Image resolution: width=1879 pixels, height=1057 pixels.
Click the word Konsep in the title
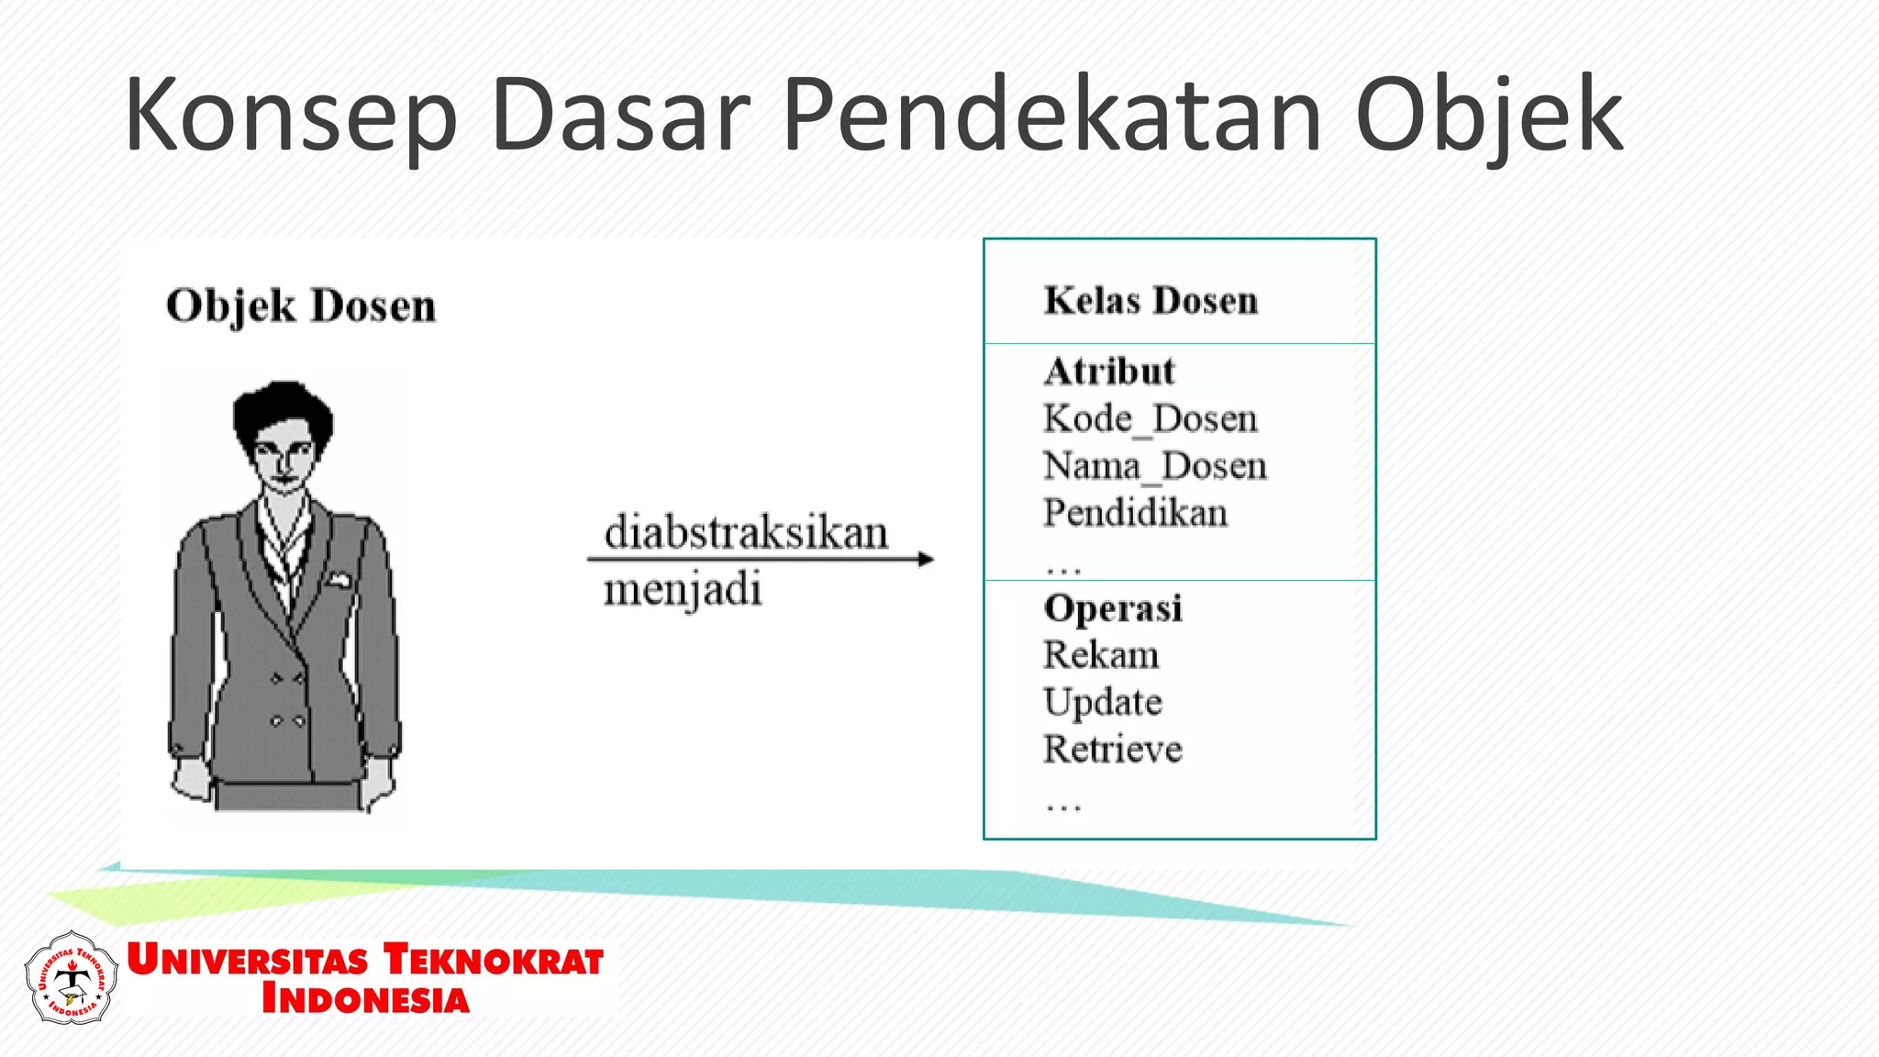pos(290,117)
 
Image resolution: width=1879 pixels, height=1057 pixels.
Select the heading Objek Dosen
pos(301,306)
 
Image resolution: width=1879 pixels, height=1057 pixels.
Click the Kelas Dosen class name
pos(1151,301)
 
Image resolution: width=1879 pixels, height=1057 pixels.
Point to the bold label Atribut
pos(1109,372)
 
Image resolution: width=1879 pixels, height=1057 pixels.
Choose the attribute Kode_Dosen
pos(1151,419)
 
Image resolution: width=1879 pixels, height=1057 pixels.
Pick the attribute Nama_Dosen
pos(1155,466)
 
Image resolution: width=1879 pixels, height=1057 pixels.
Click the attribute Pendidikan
pos(1135,513)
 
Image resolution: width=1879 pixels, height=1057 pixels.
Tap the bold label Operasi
pos(1113,608)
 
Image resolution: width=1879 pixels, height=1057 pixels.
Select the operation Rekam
pos(1101,655)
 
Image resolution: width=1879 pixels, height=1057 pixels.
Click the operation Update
pos(1103,703)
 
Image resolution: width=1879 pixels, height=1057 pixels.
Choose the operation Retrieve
pos(1113,750)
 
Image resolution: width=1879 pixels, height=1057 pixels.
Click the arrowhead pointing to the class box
pos(926,559)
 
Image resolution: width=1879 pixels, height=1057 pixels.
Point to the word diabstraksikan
pos(746,533)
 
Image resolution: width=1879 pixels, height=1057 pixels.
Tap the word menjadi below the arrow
pos(683,590)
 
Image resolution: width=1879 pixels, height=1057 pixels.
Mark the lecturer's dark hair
pos(283,408)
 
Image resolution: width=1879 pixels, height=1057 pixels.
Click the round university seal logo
pos(72,978)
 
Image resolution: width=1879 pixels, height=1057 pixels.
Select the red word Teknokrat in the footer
pos(494,960)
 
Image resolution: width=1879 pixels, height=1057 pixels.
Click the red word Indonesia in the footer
pos(365,999)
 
